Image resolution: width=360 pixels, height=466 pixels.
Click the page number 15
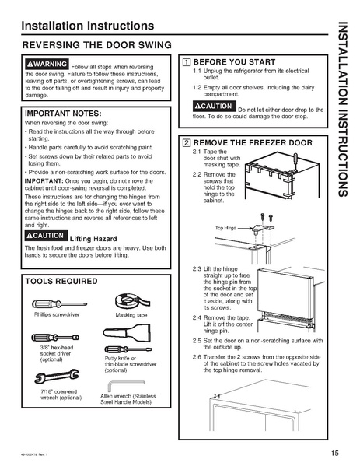(334, 453)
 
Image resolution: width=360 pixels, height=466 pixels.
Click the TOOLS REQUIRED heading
(62, 280)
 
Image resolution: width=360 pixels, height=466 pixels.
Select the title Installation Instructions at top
(76, 27)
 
